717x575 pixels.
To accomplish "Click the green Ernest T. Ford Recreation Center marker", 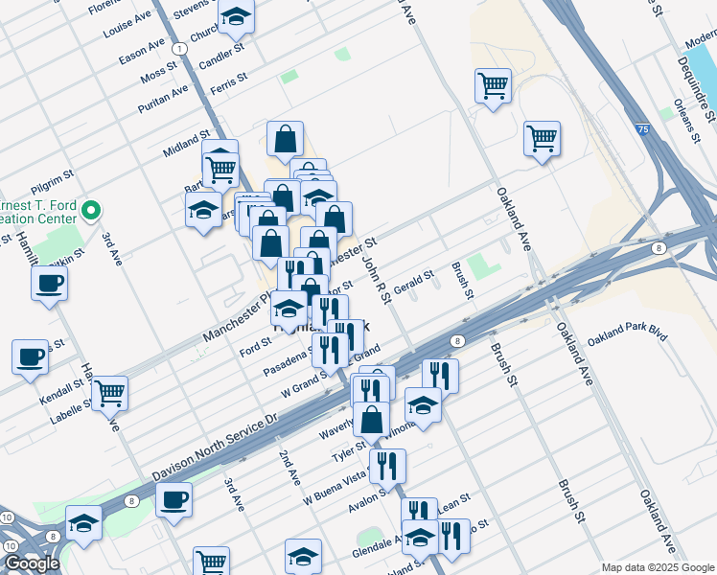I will tap(92, 210).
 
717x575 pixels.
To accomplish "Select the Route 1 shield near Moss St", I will tap(180, 48).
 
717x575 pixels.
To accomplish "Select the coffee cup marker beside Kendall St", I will tap(31, 356).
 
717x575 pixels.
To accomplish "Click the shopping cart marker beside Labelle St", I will tap(109, 391).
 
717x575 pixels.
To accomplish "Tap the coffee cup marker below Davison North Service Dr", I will tap(173, 499).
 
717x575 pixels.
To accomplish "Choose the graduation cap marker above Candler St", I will tap(235, 17).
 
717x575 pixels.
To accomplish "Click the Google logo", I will tap(32, 563).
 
